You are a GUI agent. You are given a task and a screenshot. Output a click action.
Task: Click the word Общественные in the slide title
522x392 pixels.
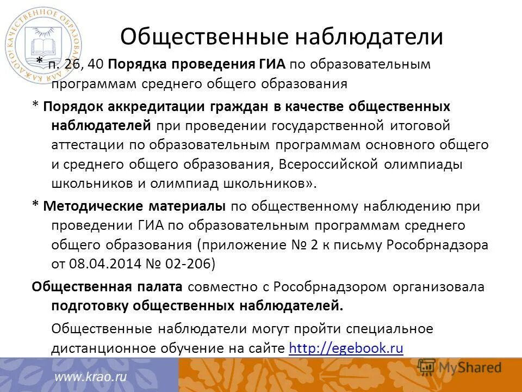(204, 37)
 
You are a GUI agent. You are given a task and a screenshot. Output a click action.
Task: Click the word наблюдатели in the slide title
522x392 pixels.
(369, 37)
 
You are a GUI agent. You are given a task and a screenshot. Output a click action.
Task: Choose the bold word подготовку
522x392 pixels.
(91, 305)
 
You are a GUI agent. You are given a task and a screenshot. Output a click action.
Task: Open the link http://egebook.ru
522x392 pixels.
(346, 348)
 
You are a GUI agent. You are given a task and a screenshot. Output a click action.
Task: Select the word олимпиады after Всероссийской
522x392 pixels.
(434, 164)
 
